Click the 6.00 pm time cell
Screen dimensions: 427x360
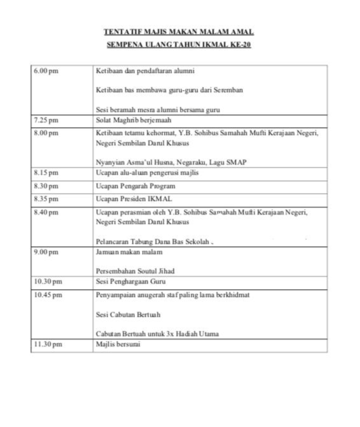click(x=46, y=71)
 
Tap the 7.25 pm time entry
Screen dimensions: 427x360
click(x=46, y=120)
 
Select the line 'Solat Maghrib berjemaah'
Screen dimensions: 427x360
click(x=134, y=120)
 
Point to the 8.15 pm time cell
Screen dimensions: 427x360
click(x=46, y=173)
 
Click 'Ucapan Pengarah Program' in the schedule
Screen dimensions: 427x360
click(x=136, y=186)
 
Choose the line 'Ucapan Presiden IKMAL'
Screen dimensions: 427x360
click(x=134, y=199)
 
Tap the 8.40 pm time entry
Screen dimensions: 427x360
click(x=46, y=212)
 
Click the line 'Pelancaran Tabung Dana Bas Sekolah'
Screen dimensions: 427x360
click(x=153, y=242)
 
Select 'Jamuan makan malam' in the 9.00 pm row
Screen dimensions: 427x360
click(x=129, y=252)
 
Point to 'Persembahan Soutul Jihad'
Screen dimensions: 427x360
click(x=135, y=271)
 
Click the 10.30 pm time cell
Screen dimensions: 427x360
click(x=48, y=282)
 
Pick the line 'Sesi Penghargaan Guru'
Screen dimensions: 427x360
click(x=131, y=282)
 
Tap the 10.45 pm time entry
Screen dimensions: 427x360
click(x=48, y=295)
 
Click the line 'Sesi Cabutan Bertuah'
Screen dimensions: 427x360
click(x=128, y=315)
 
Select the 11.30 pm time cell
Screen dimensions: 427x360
click(x=48, y=344)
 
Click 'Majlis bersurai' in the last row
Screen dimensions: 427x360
click(x=118, y=344)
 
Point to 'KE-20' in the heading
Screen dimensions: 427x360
click(x=240, y=44)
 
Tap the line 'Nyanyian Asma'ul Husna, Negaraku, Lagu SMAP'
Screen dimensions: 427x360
click(x=171, y=162)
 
